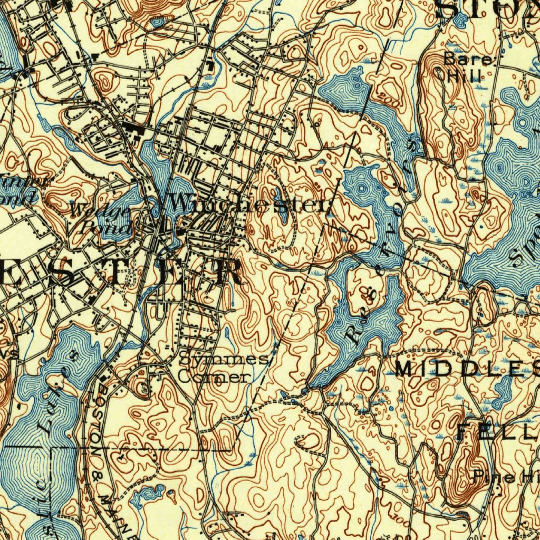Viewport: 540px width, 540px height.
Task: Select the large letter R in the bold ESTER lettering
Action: coord(227,272)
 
